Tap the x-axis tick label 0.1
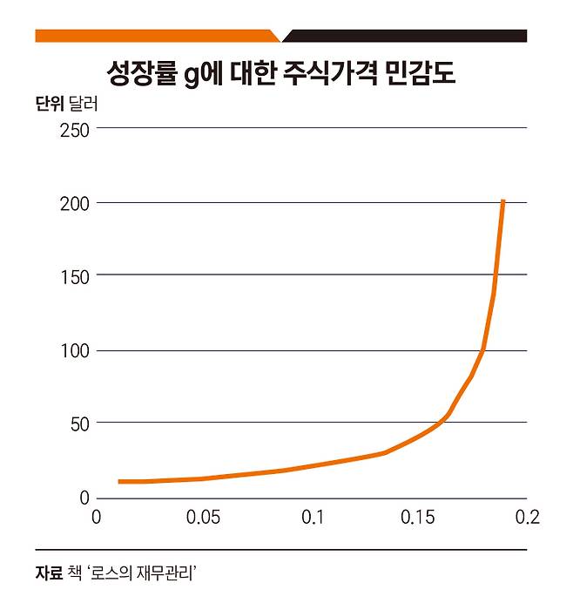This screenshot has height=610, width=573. [313, 518]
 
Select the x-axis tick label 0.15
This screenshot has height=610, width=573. [418, 518]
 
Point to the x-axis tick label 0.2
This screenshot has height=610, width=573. [527, 518]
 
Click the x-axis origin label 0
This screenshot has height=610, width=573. [97, 518]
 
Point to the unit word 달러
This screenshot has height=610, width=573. [84, 105]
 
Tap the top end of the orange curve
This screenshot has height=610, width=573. [503, 201]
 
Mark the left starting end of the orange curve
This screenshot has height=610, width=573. [119, 481]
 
